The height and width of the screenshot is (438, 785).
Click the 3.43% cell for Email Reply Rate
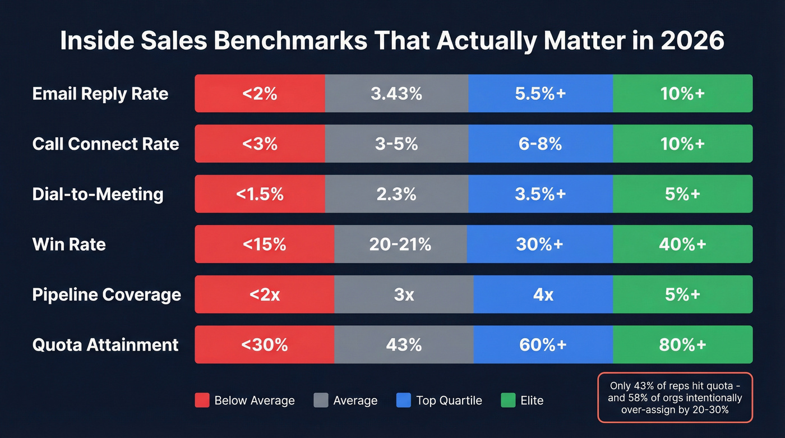396,94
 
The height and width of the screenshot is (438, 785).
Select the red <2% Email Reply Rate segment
260,94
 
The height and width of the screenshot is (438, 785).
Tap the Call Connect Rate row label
105,144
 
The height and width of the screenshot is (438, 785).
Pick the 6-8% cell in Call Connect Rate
540,144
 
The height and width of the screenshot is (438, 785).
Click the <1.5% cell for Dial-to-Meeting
260,194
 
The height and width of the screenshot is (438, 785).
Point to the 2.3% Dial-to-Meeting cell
396,194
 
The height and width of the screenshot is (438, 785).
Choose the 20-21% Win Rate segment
400,244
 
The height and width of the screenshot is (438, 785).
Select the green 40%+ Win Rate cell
682,244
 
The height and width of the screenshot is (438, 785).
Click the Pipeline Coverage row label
107,294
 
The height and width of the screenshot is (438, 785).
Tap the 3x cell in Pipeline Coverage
404,294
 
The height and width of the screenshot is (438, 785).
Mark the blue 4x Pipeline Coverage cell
543,294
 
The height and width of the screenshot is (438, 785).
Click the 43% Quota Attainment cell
404,344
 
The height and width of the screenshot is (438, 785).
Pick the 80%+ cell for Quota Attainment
682,344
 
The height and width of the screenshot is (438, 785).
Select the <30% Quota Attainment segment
264,344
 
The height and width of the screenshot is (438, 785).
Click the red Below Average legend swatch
202,400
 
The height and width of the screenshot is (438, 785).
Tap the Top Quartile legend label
449,400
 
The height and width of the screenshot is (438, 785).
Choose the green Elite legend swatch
507,400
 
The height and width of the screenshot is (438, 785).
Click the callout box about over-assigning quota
675,398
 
